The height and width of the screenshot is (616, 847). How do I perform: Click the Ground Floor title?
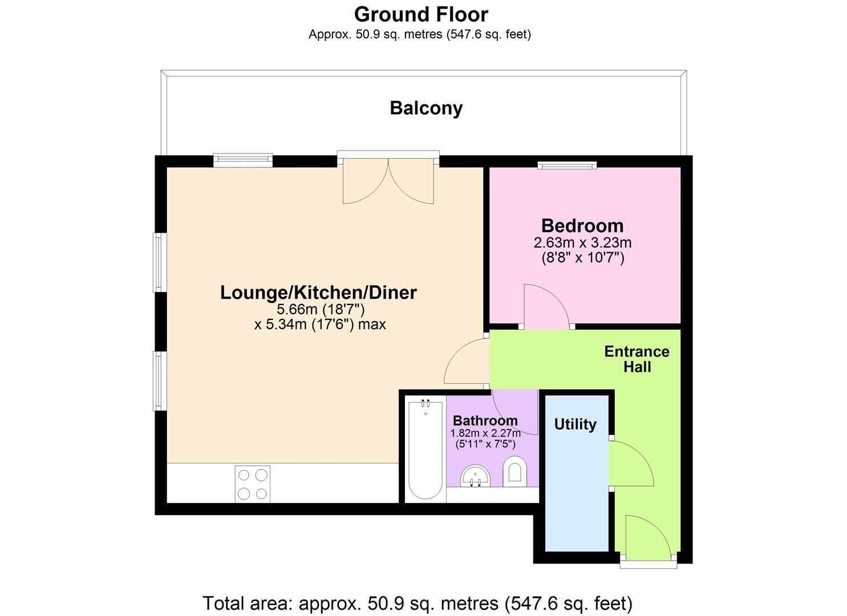coord(421,15)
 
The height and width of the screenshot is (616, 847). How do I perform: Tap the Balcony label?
coord(426,108)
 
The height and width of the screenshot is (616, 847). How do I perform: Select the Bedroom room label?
coord(582,226)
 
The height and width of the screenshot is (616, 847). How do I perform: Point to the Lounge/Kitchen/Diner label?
coord(318,293)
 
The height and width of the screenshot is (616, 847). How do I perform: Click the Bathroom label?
coord(485,420)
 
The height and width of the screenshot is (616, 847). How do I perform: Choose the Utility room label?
coord(575,425)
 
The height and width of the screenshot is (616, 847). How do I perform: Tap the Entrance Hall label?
coord(637,359)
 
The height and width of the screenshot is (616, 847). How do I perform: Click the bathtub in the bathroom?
coord(425,450)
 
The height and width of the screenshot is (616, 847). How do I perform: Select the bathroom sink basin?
coord(475,476)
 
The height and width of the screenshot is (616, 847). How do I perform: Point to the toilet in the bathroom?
coord(514,472)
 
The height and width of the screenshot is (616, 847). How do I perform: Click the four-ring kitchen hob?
coord(253,484)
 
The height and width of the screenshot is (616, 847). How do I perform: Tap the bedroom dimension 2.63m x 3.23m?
coord(582,243)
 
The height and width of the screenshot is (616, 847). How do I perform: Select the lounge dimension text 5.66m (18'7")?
coord(321,310)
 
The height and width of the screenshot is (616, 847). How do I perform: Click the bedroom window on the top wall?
coord(567,165)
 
